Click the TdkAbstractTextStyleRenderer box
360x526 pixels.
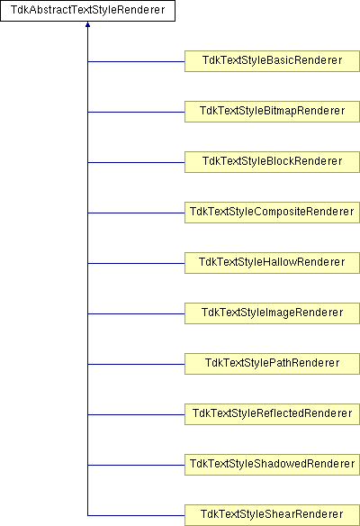87,11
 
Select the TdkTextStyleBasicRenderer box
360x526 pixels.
272,61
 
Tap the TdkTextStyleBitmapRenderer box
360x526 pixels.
272,112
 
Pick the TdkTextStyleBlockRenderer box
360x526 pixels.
272,162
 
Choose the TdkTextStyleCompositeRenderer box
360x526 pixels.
272,213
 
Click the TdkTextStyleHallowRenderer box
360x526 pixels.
272,263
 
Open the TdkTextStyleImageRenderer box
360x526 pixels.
272,313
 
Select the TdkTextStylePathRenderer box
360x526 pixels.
272,364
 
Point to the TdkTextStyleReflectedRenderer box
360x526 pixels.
272,414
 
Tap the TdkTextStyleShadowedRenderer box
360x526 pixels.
272,465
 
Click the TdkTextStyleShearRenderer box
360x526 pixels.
272,515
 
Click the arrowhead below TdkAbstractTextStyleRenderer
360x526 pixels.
87,24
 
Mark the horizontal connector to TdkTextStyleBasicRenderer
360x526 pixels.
136,61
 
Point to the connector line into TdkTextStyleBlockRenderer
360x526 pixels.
136,162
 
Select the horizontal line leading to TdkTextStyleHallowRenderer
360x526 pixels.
136,263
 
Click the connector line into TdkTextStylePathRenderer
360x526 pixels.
136,364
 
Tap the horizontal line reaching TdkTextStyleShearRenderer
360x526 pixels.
136,515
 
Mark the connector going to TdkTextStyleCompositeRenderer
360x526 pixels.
136,213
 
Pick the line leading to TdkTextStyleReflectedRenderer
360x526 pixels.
136,414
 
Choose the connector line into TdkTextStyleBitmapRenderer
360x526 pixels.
136,112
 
